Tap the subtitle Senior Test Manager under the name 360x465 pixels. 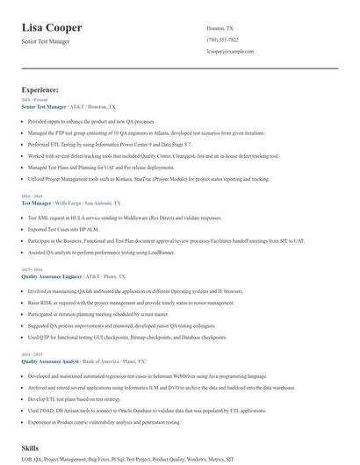pyautogui.click(x=46, y=41)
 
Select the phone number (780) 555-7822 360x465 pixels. pyautogui.click(x=222, y=39)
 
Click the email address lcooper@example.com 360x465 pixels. pyautogui.click(x=230, y=52)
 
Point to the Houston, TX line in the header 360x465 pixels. pyautogui.click(x=220, y=28)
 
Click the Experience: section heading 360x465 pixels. pyautogui.click(x=40, y=89)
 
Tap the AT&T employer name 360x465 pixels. pyautogui.click(x=76, y=106)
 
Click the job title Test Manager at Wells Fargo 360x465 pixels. pyautogui.click(x=36, y=203)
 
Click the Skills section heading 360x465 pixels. pyautogui.click(x=30, y=447)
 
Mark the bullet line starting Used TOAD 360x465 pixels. pyautogui.click(x=147, y=411)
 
